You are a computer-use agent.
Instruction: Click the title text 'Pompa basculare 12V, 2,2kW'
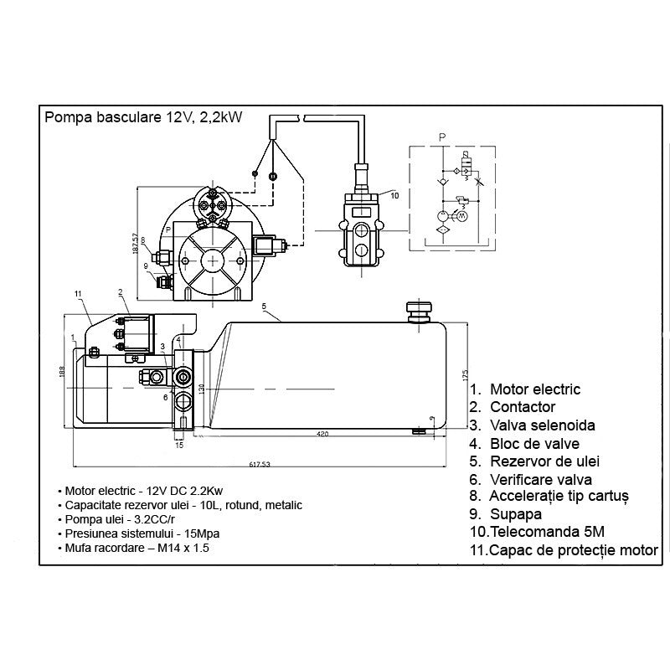(143, 117)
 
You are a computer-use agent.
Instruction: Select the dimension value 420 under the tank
(322, 434)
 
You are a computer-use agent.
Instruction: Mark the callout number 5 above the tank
(264, 307)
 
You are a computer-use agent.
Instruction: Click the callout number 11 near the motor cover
(77, 293)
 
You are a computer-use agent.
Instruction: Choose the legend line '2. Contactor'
(513, 407)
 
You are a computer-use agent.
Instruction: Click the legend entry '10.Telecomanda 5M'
(537, 532)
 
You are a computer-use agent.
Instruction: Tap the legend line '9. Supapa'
(506, 514)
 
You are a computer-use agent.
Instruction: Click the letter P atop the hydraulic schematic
(442, 136)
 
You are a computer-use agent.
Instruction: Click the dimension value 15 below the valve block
(179, 445)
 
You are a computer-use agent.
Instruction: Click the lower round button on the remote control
(360, 250)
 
